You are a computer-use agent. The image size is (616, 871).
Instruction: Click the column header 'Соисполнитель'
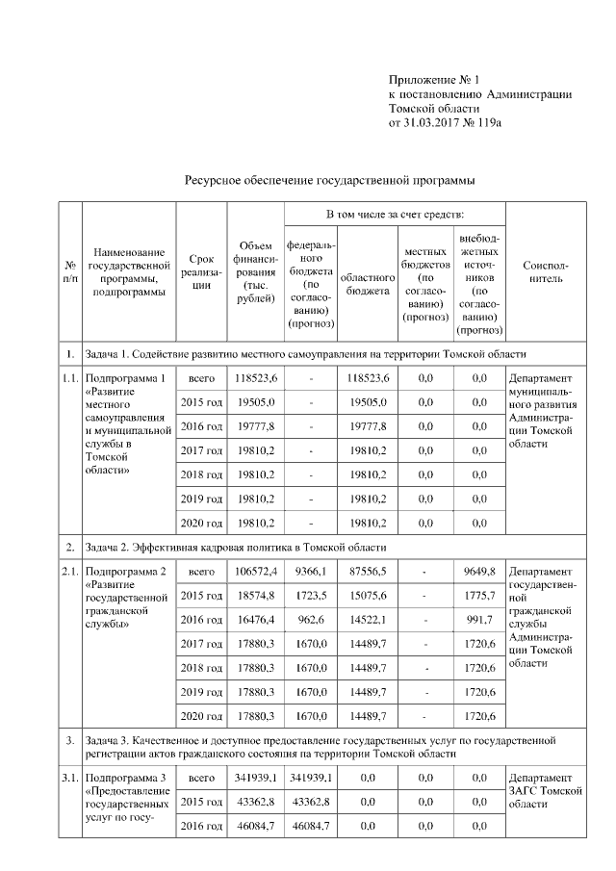[x=545, y=271]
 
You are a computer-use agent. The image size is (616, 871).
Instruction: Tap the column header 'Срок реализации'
[x=201, y=271]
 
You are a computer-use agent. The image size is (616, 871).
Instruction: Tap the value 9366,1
[x=311, y=572]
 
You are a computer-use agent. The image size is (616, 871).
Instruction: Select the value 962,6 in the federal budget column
[x=311, y=620]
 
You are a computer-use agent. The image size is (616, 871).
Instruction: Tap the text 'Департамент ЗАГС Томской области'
[x=545, y=790]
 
